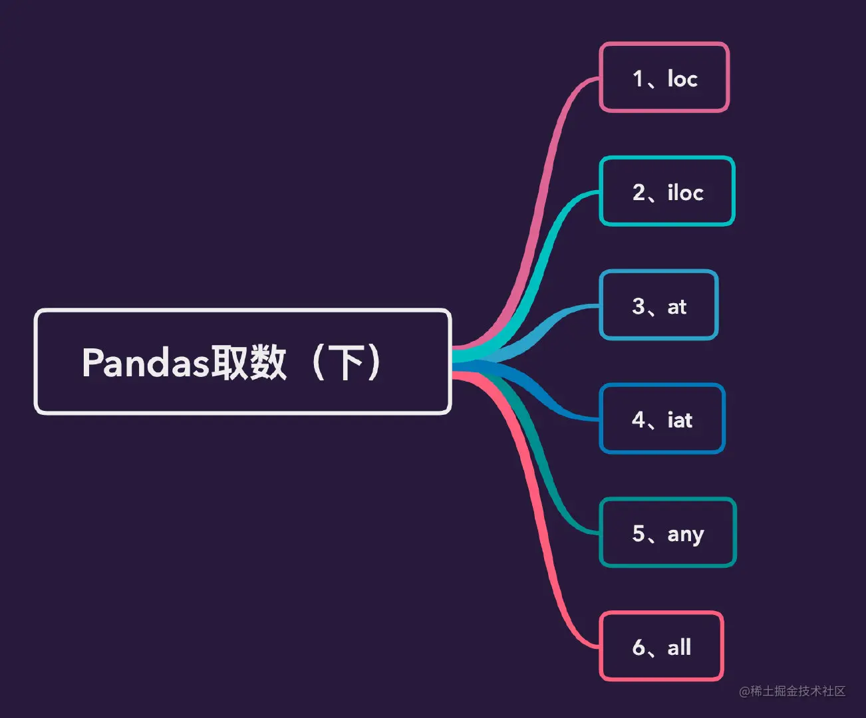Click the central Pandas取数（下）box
[x=243, y=362]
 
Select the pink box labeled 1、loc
[x=664, y=78]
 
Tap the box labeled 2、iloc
[x=667, y=191]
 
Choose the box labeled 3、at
[x=658, y=305]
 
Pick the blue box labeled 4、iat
[x=662, y=419]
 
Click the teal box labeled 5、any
[x=668, y=533]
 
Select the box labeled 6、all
[x=661, y=646]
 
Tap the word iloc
[x=685, y=192]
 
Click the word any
[x=686, y=534]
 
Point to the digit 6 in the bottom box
[x=639, y=647]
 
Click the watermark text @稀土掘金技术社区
[x=792, y=691]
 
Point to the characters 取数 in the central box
[x=248, y=363]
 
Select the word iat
[x=680, y=419]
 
